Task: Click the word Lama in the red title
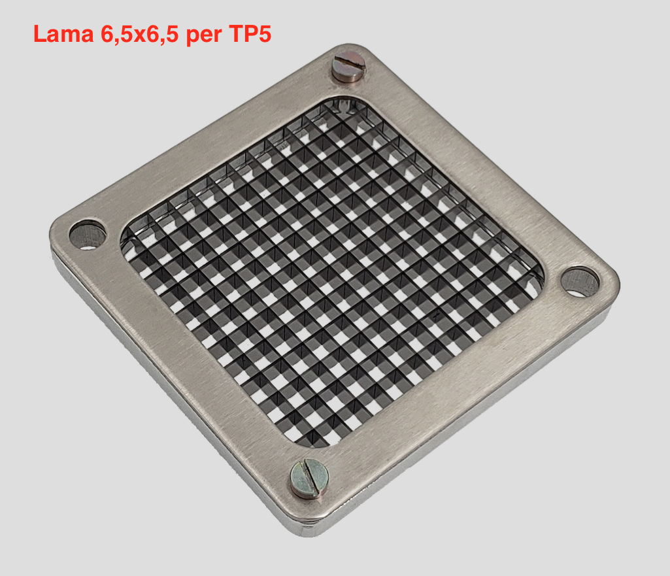click(63, 33)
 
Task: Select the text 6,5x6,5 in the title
click(139, 34)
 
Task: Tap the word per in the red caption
click(204, 36)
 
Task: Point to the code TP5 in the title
click(250, 33)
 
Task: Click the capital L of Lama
click(40, 33)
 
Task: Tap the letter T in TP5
click(236, 33)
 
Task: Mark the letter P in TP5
click(251, 33)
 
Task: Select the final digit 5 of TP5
click(265, 33)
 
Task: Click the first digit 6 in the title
click(107, 33)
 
